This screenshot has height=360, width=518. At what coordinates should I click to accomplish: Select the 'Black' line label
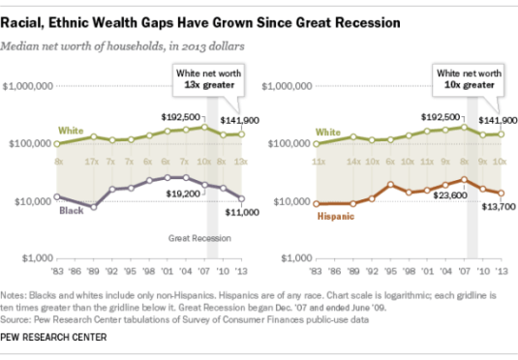[x=70, y=209]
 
